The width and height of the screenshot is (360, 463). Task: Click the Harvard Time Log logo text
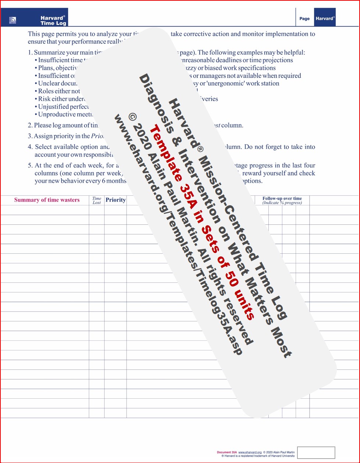coord(53,20)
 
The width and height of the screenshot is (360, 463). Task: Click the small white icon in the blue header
coord(13,20)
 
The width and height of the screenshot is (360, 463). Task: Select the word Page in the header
coord(304,19)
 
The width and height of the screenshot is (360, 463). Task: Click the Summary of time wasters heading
coord(47,200)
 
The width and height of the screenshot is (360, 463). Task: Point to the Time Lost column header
coord(97,200)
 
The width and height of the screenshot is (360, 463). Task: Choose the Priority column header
coord(116,200)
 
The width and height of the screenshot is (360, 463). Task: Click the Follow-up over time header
coord(282,199)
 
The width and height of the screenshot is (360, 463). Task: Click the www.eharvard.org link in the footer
coord(250,452)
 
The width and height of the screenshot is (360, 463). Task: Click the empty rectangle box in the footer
coord(316,453)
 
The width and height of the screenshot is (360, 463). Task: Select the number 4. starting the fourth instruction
coord(30,147)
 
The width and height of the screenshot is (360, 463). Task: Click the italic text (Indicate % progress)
coord(282,203)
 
